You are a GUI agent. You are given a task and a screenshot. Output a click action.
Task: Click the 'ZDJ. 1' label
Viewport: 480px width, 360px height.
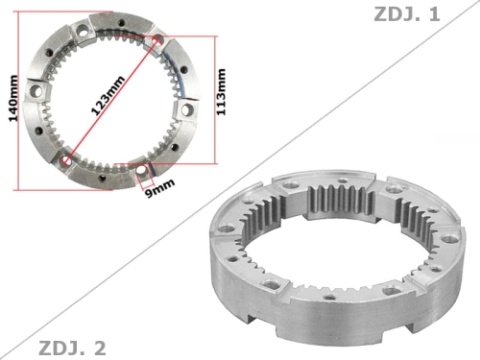click(407, 14)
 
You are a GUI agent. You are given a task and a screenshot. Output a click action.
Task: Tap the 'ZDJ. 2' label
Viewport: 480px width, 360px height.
click(72, 348)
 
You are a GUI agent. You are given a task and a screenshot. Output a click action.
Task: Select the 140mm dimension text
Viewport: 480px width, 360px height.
click(13, 99)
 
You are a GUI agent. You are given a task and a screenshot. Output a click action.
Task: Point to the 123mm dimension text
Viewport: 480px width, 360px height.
click(108, 95)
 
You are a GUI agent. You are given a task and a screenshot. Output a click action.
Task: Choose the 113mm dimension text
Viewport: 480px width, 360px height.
click(221, 92)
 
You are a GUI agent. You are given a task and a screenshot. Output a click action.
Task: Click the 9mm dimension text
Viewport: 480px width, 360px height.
click(160, 188)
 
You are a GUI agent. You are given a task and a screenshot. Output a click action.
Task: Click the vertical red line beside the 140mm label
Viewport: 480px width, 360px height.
click(18, 101)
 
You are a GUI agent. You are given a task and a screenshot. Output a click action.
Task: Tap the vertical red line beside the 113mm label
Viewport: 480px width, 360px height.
click(215, 100)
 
